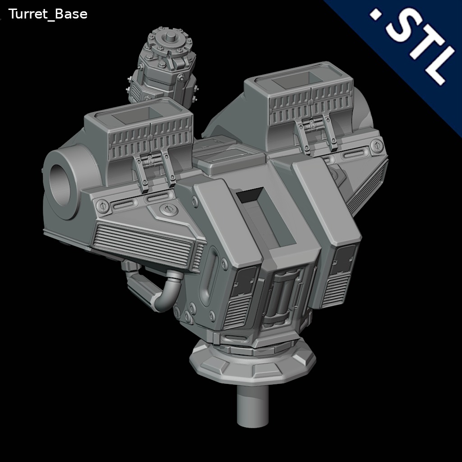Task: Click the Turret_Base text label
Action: coord(48,14)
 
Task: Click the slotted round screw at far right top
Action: coord(376,145)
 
